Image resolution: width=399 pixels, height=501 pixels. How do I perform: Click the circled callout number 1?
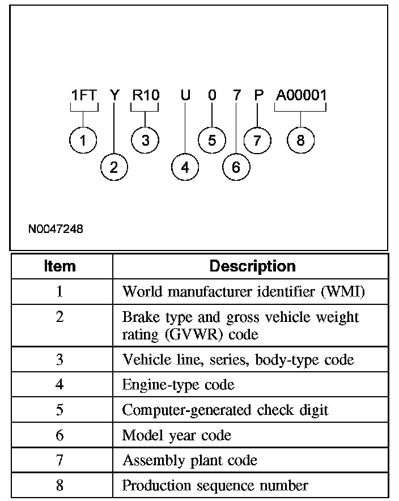84,140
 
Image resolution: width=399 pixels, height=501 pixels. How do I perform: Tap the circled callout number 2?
114,167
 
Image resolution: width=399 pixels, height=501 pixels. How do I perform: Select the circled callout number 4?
185,167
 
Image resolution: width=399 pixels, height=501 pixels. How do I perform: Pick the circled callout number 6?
236,167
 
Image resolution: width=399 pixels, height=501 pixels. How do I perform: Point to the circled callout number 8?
300,140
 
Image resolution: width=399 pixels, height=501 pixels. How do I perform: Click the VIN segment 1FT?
84,95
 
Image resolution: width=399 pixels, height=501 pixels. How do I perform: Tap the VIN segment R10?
145,95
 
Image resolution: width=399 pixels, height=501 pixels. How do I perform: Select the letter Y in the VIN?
114,95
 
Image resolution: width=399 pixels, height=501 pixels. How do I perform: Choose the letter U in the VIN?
185,95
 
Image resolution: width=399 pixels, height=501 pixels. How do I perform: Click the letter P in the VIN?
258,95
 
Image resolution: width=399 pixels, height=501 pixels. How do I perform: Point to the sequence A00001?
301,95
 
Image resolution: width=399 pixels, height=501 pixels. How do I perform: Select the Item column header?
60,266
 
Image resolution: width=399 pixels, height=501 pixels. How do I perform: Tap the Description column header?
252,266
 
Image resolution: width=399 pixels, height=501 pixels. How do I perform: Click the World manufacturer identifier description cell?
244,292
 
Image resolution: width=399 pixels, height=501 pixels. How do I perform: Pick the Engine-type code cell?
178,385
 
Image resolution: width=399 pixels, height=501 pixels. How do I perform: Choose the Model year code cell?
177,435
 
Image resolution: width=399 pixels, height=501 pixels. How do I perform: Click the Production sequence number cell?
215,485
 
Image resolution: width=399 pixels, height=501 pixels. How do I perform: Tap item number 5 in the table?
60,410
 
